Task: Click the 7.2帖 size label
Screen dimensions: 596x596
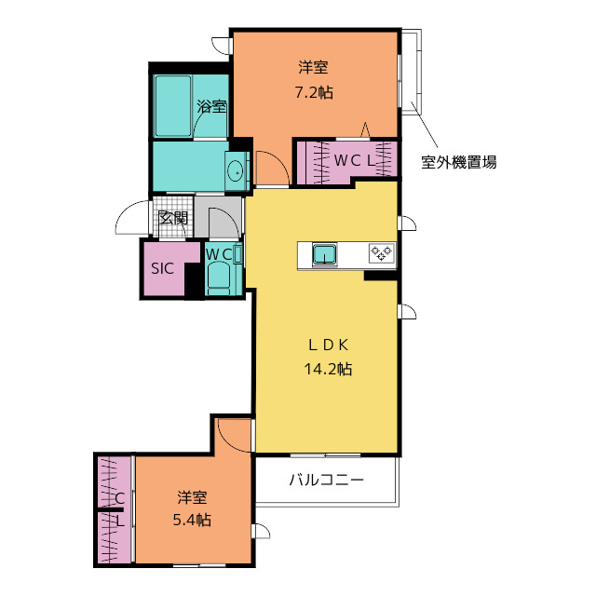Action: click(314, 92)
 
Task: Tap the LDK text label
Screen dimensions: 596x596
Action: click(329, 345)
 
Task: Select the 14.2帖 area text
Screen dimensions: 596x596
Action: click(328, 369)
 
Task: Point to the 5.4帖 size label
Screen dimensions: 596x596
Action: click(192, 520)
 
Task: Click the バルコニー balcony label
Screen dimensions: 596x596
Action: click(327, 481)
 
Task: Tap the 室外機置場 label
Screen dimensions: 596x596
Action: click(458, 162)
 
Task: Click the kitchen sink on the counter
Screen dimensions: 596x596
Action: click(325, 254)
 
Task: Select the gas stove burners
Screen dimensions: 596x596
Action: click(382, 252)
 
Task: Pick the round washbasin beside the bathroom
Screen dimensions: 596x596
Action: click(236, 171)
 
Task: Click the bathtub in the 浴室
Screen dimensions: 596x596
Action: click(173, 105)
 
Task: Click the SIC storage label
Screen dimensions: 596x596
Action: click(162, 268)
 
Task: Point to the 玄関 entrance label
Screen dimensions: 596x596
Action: click(173, 218)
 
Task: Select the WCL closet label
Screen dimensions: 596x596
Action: click(354, 161)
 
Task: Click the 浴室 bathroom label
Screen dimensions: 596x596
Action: click(211, 106)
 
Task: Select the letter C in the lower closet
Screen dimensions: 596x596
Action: click(119, 498)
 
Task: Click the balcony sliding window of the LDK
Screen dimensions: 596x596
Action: click(325, 455)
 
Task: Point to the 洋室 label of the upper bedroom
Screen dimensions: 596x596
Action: click(313, 68)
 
